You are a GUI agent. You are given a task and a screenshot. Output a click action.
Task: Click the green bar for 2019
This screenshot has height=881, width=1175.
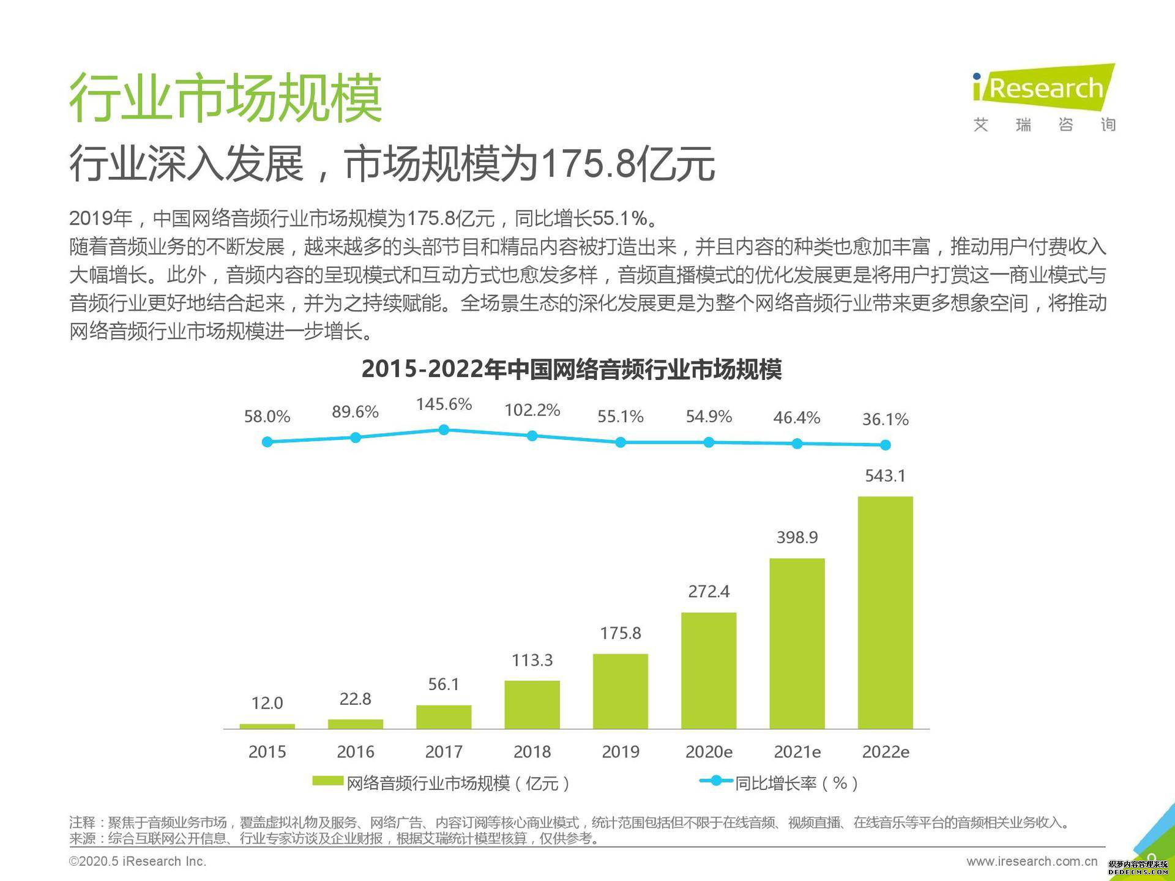tap(620, 691)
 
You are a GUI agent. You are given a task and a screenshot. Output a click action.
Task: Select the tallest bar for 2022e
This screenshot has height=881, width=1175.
tap(885, 612)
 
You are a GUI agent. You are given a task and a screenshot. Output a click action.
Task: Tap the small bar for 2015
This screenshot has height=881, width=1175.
tap(267, 726)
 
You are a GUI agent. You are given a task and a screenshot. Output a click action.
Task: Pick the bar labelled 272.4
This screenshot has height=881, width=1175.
tap(709, 670)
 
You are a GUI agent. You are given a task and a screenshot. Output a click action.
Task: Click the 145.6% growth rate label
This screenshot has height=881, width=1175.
tap(444, 404)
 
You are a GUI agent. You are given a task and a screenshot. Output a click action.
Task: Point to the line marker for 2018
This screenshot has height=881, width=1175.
tap(532, 436)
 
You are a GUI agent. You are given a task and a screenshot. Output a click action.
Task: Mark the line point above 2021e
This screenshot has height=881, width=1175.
tap(797, 444)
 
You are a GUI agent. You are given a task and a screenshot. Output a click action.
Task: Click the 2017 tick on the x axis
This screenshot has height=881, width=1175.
tap(444, 751)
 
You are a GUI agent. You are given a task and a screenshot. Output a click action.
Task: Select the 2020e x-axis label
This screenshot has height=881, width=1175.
tap(709, 751)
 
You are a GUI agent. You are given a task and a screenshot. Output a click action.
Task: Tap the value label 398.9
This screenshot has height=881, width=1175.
tap(797, 537)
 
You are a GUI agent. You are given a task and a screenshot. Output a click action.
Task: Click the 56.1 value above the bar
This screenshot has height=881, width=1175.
tap(444, 684)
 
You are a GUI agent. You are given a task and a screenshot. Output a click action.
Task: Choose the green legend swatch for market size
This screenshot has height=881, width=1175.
tap(327, 781)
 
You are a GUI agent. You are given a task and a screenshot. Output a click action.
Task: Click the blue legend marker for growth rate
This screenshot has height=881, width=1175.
tap(715, 781)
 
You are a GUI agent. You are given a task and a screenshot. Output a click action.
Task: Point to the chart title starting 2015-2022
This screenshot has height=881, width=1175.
tap(572, 370)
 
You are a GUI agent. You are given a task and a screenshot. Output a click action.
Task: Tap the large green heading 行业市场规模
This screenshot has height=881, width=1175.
tap(225, 98)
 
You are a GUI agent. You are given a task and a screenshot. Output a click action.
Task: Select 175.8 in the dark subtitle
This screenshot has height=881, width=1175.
tap(587, 164)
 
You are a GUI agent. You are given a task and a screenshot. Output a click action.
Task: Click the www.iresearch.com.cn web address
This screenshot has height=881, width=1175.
tap(1032, 861)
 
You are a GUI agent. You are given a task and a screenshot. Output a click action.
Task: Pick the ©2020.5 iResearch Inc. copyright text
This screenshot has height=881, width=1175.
tap(138, 861)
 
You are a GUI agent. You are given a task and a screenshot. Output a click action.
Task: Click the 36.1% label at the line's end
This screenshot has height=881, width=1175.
tap(885, 420)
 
